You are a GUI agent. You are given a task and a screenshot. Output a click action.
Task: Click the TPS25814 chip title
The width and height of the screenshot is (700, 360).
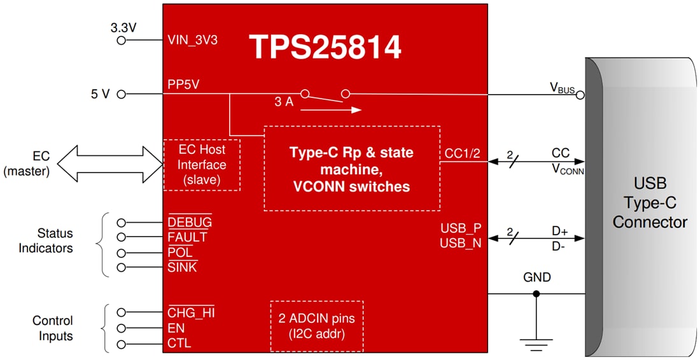(325, 47)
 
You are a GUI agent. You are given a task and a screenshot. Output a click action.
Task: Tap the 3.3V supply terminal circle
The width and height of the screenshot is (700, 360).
(122, 40)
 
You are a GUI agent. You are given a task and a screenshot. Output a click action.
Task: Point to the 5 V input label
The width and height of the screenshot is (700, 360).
(101, 94)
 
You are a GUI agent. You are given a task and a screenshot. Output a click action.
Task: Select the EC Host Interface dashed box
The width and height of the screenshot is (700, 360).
(202, 165)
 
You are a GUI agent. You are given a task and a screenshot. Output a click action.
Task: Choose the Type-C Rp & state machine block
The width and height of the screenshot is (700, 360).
(351, 169)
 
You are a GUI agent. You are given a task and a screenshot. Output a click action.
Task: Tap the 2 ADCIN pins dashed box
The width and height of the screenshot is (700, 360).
(316, 326)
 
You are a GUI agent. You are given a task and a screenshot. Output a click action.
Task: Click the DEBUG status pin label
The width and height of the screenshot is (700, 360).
(190, 222)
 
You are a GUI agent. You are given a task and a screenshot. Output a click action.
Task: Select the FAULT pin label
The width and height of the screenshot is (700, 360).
(187, 237)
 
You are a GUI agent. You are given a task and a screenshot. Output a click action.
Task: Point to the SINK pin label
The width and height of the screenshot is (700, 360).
(182, 267)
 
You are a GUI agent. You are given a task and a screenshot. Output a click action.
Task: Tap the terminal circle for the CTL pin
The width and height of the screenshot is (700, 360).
(122, 343)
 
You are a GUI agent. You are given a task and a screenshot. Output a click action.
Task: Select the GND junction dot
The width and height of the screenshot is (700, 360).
(536, 294)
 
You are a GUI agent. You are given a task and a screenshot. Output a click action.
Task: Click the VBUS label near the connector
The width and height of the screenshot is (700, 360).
(563, 89)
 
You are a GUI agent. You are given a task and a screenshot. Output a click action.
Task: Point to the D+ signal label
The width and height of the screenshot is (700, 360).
(560, 232)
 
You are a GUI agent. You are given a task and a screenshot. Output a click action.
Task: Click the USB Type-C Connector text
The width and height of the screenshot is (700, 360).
(650, 204)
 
